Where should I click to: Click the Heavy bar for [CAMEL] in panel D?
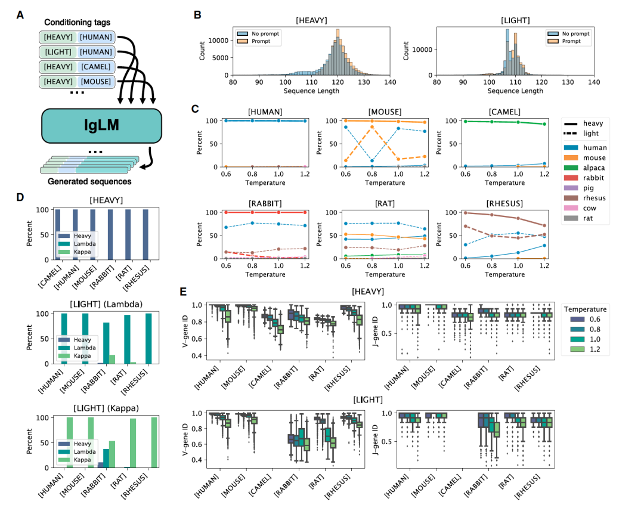point(58,234)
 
